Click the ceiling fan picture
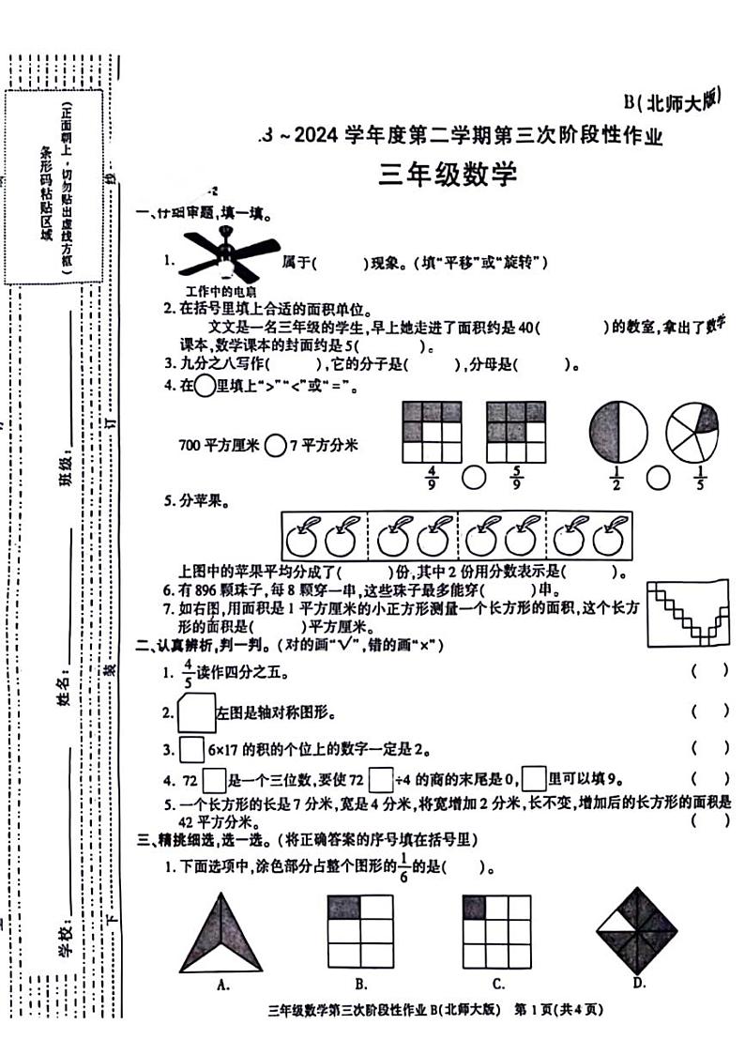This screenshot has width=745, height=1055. [229, 253]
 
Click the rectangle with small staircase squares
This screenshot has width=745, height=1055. [689, 613]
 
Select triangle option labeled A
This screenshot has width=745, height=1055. [222, 931]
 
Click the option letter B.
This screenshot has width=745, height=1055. [360, 984]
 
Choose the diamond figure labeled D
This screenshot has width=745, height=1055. [637, 929]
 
